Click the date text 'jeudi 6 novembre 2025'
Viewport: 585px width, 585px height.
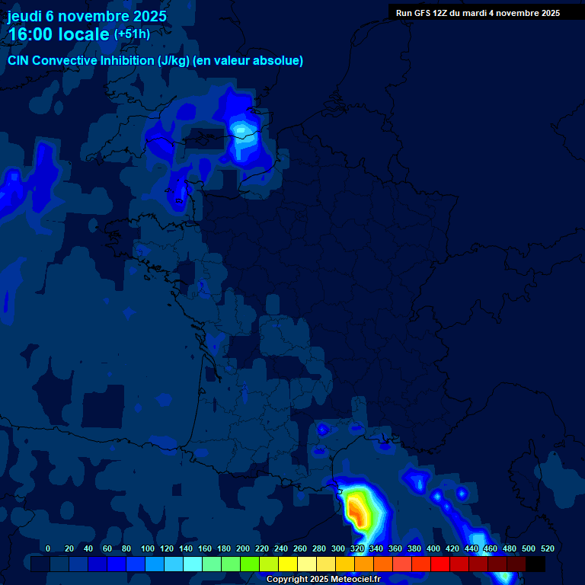pos(87,16)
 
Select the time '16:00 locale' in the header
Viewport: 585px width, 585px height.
pos(59,34)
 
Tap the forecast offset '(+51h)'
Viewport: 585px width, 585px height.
pos(132,34)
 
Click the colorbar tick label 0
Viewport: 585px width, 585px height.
pos(48,548)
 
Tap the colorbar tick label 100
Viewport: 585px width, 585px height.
pos(126,548)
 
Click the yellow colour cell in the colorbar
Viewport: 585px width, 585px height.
pos(288,564)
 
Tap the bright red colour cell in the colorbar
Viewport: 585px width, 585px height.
pos(440,564)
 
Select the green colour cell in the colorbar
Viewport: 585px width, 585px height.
pos(250,564)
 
